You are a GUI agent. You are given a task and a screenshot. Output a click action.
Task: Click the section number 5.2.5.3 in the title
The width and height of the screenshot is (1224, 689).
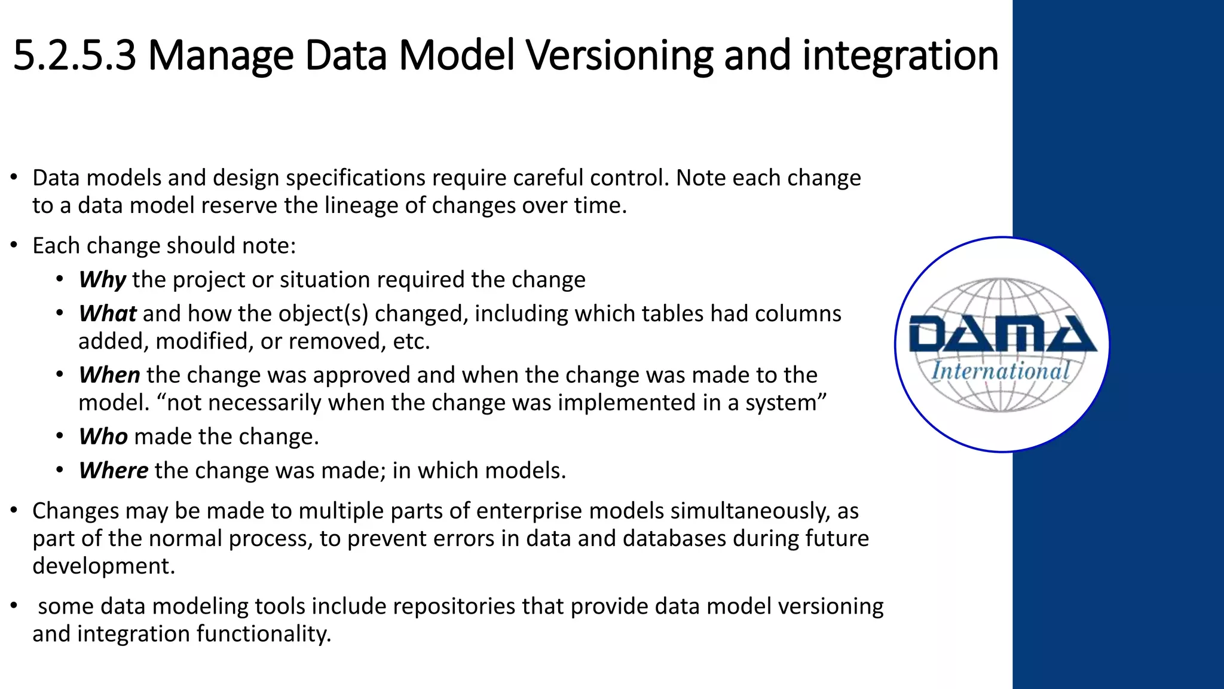(x=74, y=56)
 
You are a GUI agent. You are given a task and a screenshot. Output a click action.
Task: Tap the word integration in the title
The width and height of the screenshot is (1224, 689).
(x=900, y=56)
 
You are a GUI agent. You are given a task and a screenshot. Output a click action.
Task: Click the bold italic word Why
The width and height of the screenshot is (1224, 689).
(x=102, y=280)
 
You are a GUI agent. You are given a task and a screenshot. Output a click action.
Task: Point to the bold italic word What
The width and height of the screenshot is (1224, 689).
(x=108, y=314)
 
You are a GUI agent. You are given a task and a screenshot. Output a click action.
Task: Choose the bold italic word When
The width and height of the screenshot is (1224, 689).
(x=109, y=375)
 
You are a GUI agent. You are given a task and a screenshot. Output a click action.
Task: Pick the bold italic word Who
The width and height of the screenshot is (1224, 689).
(x=103, y=437)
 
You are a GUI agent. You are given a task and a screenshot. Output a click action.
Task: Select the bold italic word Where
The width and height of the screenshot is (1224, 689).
(x=114, y=471)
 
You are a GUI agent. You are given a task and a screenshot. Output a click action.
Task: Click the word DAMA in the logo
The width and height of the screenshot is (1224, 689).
(x=1002, y=335)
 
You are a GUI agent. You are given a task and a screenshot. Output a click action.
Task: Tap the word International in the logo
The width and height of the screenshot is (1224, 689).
(x=1000, y=371)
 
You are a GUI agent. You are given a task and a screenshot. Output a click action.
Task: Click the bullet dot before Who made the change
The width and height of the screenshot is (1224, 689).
(x=60, y=437)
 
